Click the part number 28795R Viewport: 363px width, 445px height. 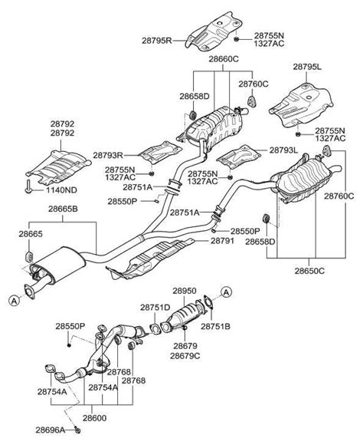tap(157, 41)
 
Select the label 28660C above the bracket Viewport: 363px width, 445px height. tap(224, 59)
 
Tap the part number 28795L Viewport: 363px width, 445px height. tap(307, 67)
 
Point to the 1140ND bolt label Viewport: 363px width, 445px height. tap(61, 190)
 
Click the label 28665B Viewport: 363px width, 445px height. tap(63, 209)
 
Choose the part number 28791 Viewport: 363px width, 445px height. tap(222, 241)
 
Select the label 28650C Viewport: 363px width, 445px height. tap(309, 271)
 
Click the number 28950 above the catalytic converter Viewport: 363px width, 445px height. tap(185, 291)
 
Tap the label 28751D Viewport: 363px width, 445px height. tap(155, 307)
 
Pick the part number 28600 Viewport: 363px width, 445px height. tap(95, 417)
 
